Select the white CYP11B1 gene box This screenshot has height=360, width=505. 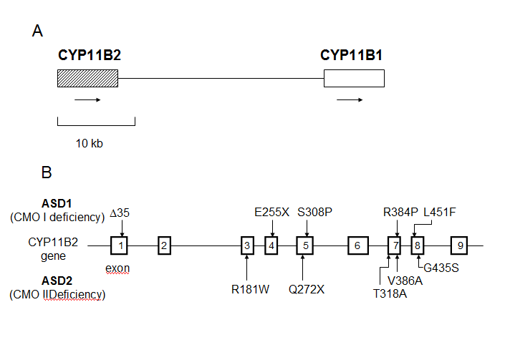point(353,79)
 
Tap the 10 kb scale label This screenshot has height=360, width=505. point(90,143)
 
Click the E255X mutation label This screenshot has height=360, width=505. point(272,213)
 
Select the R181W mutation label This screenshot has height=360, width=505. point(246,290)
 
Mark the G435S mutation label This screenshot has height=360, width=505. point(442,268)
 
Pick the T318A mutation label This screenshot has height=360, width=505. point(390,293)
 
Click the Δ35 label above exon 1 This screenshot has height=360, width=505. point(120,213)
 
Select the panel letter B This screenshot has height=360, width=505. point(47,172)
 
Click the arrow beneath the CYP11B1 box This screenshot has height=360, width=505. point(349,100)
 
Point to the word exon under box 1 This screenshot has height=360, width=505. point(117,268)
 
